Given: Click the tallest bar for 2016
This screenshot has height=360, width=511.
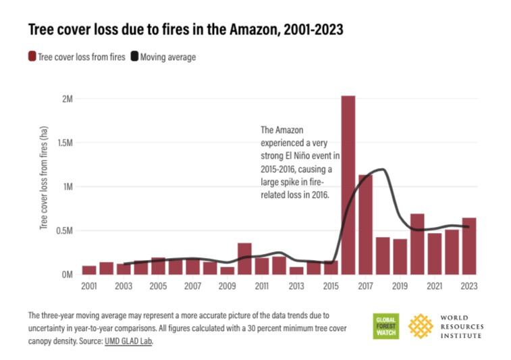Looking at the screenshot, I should coord(348,185).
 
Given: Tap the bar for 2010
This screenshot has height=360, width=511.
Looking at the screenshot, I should coord(244,259).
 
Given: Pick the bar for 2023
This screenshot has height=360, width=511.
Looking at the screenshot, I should coord(469,246).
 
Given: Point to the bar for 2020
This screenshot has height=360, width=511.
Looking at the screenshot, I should coord(417,244).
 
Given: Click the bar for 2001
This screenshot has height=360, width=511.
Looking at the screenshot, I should coord(89,270).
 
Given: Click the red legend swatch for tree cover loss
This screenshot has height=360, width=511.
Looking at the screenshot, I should coord(32,57).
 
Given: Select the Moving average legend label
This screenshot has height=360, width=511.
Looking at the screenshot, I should coord(167,57).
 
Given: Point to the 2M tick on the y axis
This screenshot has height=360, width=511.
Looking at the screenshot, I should coord(67,99).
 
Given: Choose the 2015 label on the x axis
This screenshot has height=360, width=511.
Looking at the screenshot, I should coord(331,286).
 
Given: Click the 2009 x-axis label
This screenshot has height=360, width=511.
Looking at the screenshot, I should coord(227,286).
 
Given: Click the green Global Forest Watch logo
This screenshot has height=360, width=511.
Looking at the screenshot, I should coord(386,326).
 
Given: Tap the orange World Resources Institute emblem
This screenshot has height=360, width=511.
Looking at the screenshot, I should coord(421,326).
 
